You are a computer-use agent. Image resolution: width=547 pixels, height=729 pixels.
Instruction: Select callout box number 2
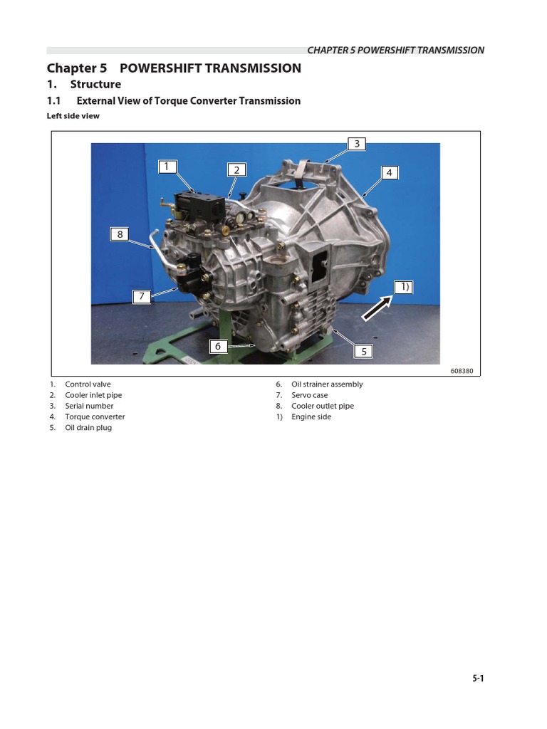236,169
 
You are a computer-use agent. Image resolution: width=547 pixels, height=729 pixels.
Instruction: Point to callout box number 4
390,172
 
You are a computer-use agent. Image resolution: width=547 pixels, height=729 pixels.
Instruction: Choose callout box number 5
363,351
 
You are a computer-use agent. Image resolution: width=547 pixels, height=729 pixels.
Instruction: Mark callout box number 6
219,346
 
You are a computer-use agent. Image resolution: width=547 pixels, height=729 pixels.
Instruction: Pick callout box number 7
142,297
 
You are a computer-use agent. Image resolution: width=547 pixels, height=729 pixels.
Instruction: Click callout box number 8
120,234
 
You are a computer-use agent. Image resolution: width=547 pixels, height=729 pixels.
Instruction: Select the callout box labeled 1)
404,287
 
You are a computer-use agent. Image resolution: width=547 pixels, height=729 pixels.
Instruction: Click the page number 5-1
477,679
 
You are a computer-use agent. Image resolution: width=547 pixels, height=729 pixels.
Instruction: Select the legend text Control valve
88,384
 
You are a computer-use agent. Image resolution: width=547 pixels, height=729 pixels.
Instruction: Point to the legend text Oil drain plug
88,428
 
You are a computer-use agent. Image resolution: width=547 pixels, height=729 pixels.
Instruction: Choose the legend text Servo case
310,395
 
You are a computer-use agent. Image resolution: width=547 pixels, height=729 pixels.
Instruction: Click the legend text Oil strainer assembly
327,384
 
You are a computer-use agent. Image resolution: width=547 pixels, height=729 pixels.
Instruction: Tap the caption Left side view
73,116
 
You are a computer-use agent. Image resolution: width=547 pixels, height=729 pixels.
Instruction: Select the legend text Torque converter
95,417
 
